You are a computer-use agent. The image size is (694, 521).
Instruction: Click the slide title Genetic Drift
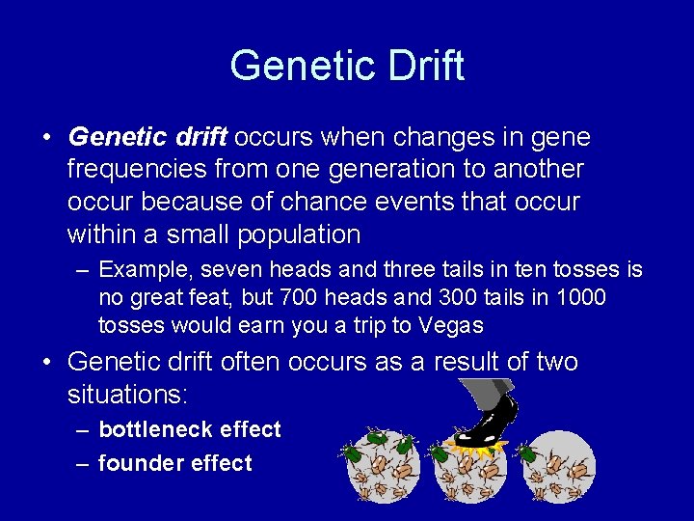pyautogui.click(x=347, y=66)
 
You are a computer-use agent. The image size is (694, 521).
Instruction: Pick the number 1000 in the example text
pyautogui.click(x=580, y=297)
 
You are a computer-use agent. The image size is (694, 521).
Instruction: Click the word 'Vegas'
pyautogui.click(x=451, y=325)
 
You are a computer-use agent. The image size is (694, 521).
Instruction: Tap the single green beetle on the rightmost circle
pyautogui.click(x=526, y=451)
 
